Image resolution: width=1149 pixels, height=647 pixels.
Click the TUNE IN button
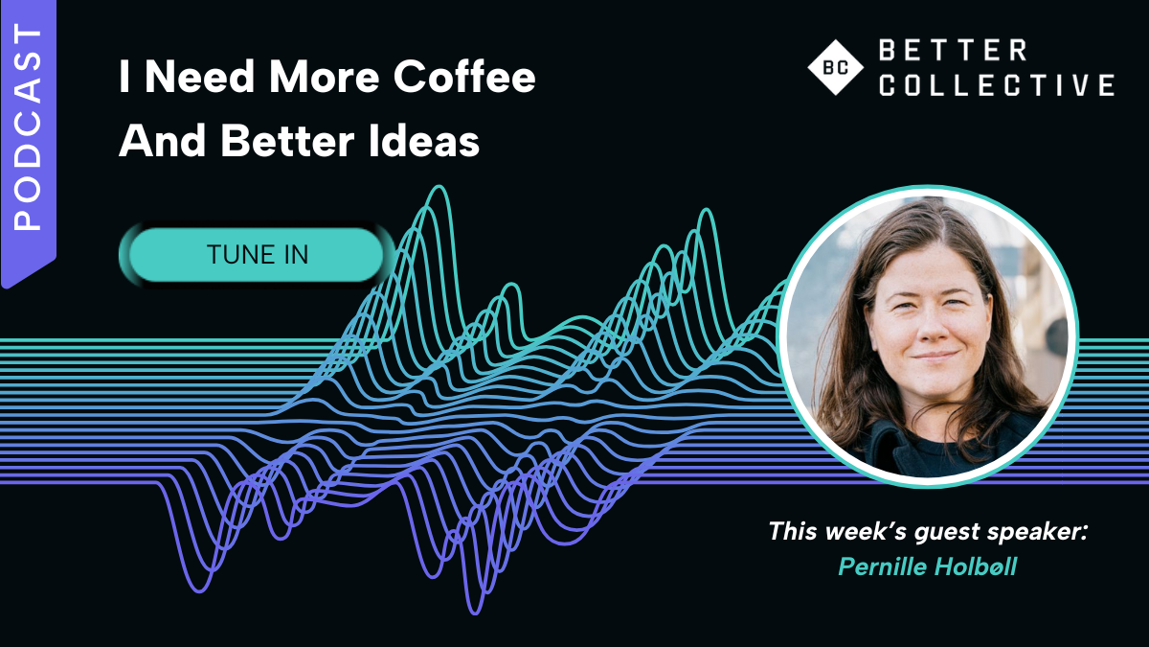256,255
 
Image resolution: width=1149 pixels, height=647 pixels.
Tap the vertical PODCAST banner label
28,127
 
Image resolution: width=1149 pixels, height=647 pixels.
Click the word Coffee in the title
464,77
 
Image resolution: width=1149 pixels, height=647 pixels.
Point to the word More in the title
325,77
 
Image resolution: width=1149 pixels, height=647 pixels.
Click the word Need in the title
199,77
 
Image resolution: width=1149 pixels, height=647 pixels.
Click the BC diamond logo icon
835,67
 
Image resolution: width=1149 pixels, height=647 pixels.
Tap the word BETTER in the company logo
953,50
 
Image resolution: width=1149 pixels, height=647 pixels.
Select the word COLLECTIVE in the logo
997,84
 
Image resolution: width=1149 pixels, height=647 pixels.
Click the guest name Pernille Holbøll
928,567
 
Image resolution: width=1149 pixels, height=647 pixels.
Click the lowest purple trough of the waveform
475,613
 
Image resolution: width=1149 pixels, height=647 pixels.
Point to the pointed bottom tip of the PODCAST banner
4,287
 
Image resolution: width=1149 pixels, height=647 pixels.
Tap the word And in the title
163,140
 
